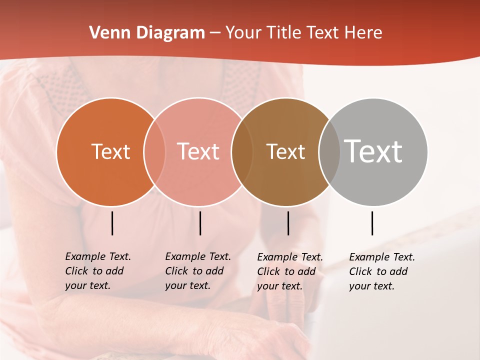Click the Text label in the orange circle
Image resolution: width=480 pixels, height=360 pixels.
pos(110,151)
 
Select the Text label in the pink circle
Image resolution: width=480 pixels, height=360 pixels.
pos(198,151)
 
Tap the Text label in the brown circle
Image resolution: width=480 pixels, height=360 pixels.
pos(285,151)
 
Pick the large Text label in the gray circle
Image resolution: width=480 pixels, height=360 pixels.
pos(373,151)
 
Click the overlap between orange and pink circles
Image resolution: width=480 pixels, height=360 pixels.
pos(154,151)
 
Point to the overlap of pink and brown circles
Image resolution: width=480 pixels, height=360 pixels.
pos(242,151)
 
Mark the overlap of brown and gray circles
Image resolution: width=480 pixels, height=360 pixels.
pos(329,151)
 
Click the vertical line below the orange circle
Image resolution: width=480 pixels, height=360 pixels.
pos(112,223)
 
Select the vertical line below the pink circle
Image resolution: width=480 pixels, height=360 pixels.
pos(200,223)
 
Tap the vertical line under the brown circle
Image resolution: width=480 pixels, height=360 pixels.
pos(288,223)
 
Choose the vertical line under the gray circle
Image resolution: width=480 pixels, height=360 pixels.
pos(372,223)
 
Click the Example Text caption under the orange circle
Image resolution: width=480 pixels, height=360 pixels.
pos(97,271)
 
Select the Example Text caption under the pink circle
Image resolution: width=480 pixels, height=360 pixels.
pos(197,271)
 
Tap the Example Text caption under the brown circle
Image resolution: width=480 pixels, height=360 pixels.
pos(289,271)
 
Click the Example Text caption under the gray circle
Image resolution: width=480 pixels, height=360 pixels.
pos(381,271)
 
